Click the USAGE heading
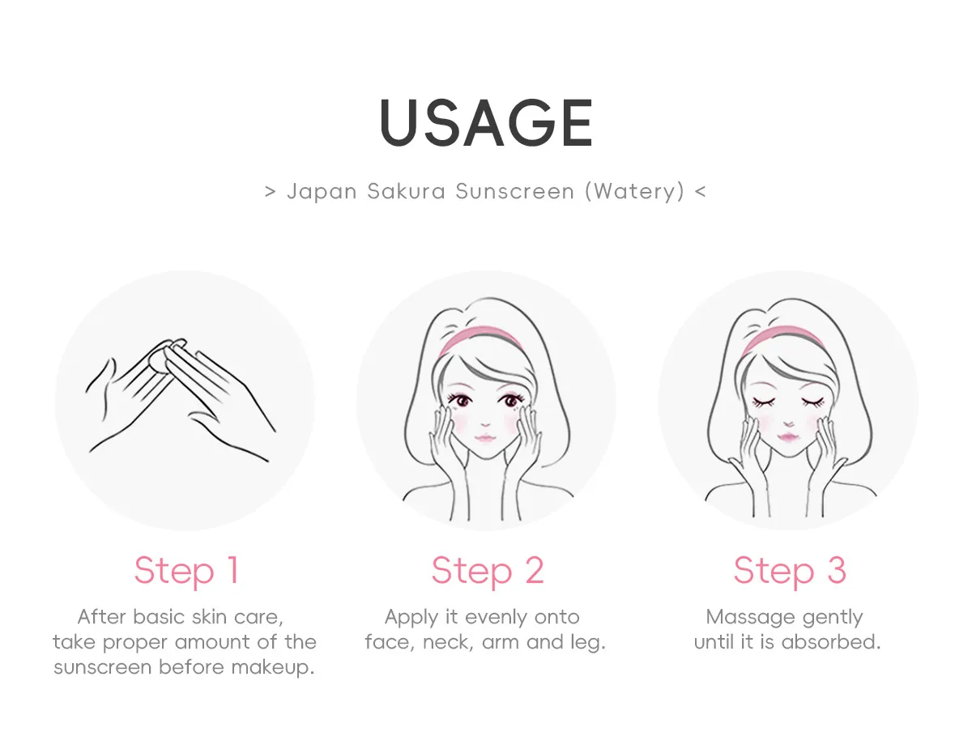(486, 122)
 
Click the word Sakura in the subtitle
(406, 191)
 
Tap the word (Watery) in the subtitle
(635, 192)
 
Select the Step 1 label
(186, 571)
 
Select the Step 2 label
(488, 571)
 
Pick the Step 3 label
(790, 571)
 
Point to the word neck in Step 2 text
(447, 643)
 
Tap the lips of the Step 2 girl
(485, 438)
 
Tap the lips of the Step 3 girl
(789, 436)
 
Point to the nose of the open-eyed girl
(485, 423)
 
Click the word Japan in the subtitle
(322, 192)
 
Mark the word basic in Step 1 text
(159, 618)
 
